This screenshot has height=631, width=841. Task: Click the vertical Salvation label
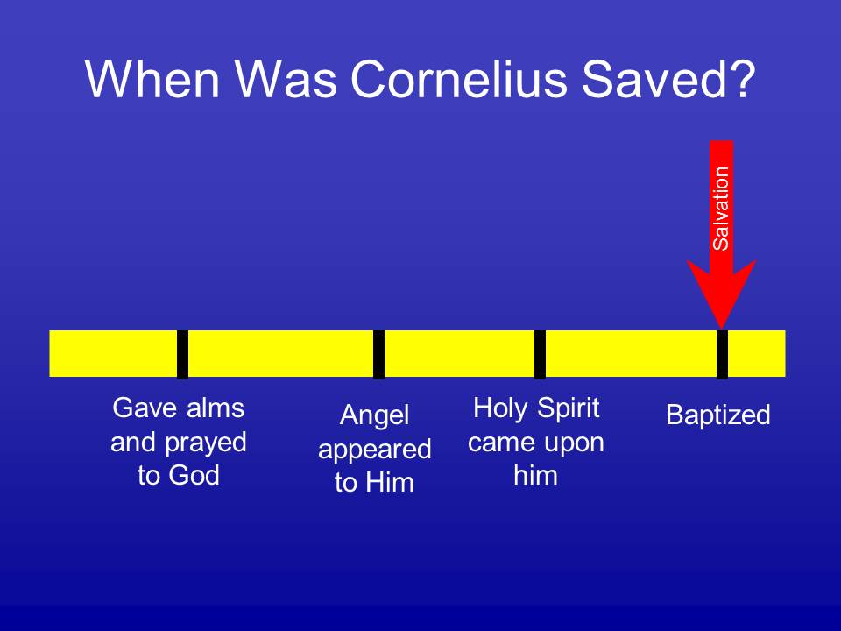pos(721,209)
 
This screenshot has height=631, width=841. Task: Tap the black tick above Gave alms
pos(182,353)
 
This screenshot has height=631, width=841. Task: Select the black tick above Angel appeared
pos(378,353)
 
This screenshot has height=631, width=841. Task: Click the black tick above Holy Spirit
pos(541,353)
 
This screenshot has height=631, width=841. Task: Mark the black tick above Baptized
pos(722,353)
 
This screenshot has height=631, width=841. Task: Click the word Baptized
pos(718,415)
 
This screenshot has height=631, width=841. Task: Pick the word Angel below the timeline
pos(374,415)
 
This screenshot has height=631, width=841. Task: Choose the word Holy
pos(500,408)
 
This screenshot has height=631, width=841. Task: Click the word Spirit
pos(568,408)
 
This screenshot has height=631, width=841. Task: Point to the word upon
pos(574,443)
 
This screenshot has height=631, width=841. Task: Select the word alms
pos(216,408)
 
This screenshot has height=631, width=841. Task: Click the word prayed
pos(206,443)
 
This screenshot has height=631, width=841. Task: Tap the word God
pos(194,475)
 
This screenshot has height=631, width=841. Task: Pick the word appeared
pos(375,450)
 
